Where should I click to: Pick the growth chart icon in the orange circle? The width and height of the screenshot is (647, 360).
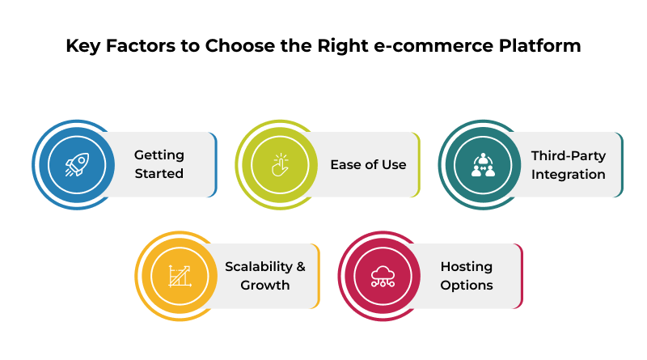[179, 277]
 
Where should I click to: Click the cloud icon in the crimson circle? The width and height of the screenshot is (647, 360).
[381, 277]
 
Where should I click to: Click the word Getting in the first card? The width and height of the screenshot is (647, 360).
[159, 155]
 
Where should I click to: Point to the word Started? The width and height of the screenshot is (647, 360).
[159, 174]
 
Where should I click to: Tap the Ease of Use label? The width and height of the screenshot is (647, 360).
[368, 165]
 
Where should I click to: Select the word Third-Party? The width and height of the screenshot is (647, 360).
[568, 155]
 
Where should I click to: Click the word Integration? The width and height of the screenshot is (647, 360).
[568, 174]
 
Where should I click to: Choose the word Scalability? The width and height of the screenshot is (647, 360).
[257, 266]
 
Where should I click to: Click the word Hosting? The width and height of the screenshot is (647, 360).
[467, 266]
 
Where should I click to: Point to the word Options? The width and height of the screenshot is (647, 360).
[467, 286]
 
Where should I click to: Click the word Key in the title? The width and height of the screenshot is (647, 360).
[82, 46]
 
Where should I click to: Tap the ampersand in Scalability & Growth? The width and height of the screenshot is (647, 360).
[300, 266]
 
